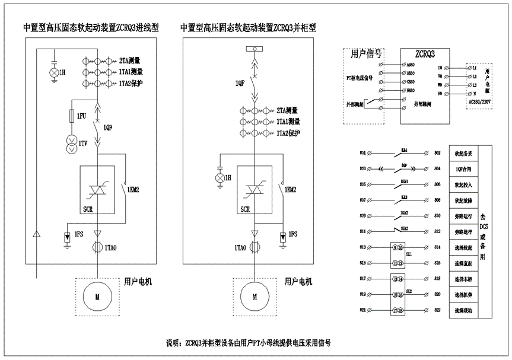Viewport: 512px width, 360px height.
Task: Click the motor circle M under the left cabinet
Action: (x=96, y=294)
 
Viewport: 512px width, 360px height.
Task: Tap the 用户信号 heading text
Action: (x=366, y=55)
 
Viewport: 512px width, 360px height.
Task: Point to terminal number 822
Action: (x=438, y=310)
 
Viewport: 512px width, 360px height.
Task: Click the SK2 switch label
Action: (x=408, y=292)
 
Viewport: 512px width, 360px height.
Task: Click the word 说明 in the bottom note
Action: (x=172, y=343)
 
